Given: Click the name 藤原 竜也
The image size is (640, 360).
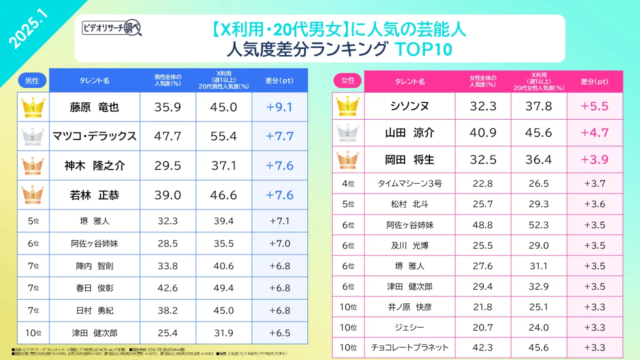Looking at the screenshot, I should tap(94, 106).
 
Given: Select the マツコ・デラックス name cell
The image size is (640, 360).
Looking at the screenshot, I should tap(94, 136).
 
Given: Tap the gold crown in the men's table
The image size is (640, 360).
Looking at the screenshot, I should tap(33, 106).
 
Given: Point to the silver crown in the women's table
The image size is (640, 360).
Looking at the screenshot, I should tap(348, 133).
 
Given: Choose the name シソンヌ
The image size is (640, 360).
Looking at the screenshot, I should tap(409, 106).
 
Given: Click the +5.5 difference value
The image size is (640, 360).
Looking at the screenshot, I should tap(594, 106).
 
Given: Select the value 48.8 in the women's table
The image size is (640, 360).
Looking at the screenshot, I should tap(482, 225).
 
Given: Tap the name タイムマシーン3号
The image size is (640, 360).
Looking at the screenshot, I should tap(409, 183).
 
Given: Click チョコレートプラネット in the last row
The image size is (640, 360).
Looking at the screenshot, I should tap(409, 347).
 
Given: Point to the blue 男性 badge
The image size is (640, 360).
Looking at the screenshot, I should tap(32, 80).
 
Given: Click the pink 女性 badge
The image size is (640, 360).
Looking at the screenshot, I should tap(347, 80).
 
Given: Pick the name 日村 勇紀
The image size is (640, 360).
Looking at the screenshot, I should tap(94, 310).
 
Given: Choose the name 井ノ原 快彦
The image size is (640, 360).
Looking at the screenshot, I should tap(409, 306).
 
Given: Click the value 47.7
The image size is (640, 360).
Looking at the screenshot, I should tap(167, 136).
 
